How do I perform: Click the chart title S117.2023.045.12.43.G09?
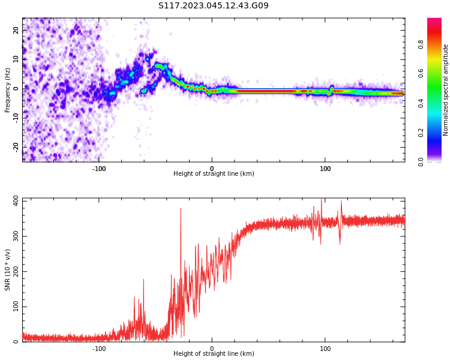click(213, 6)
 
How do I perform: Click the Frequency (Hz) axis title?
click(8, 90)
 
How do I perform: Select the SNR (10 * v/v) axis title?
click(8, 270)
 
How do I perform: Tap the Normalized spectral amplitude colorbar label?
click(446, 90)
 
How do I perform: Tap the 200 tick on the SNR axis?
click(14, 271)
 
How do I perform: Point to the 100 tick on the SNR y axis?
click(14, 307)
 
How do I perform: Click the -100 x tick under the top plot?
click(99, 169)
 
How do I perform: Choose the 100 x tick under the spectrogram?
click(325, 169)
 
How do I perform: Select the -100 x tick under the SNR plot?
click(99, 349)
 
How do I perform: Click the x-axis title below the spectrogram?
click(214, 174)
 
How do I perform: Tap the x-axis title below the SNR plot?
click(214, 354)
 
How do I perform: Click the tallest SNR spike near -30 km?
click(181, 209)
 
